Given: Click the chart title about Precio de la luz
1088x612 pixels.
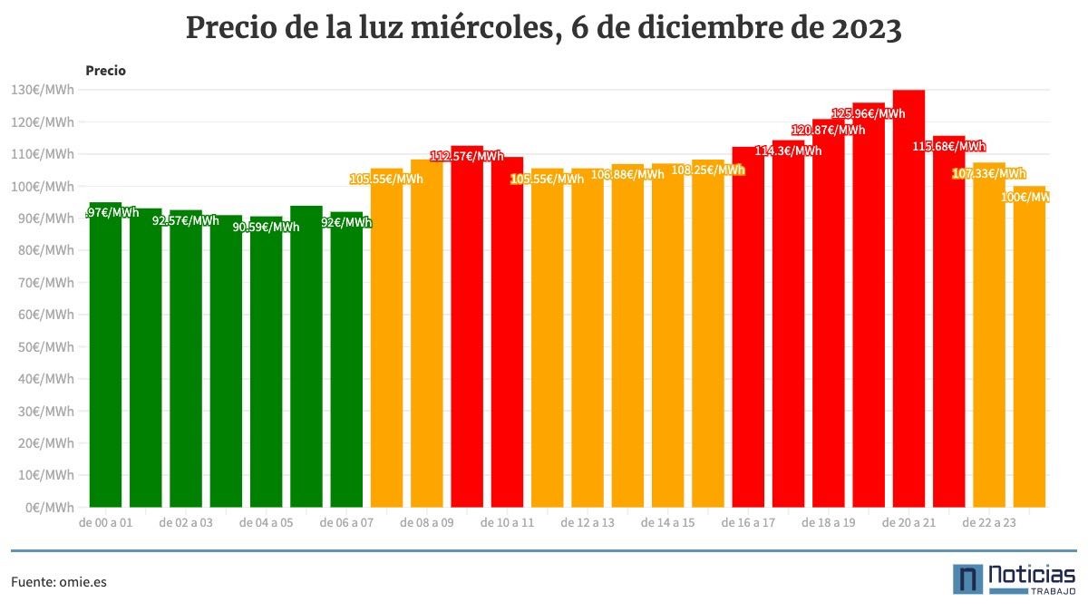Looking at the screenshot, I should [x=544, y=29].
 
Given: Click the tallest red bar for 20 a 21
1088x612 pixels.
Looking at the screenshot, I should [x=908, y=299].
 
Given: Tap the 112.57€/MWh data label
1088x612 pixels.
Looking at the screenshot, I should [x=466, y=156].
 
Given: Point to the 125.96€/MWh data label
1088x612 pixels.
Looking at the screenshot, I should [x=868, y=113].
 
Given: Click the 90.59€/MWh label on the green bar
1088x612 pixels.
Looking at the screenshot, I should [x=266, y=227].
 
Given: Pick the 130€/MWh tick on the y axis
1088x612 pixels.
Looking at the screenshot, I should [x=42, y=90].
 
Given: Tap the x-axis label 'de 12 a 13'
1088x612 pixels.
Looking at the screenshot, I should [x=587, y=523].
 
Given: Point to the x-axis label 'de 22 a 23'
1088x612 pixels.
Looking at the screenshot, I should [x=988, y=523].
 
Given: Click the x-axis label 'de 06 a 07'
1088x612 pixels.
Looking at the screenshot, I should [x=346, y=523].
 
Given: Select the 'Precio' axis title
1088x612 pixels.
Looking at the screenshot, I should [x=105, y=71].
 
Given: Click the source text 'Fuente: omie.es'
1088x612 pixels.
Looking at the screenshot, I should [x=59, y=582].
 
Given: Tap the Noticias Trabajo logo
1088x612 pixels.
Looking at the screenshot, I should [x=1014, y=579].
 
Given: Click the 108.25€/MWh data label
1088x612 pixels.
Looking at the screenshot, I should [x=707, y=170].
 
